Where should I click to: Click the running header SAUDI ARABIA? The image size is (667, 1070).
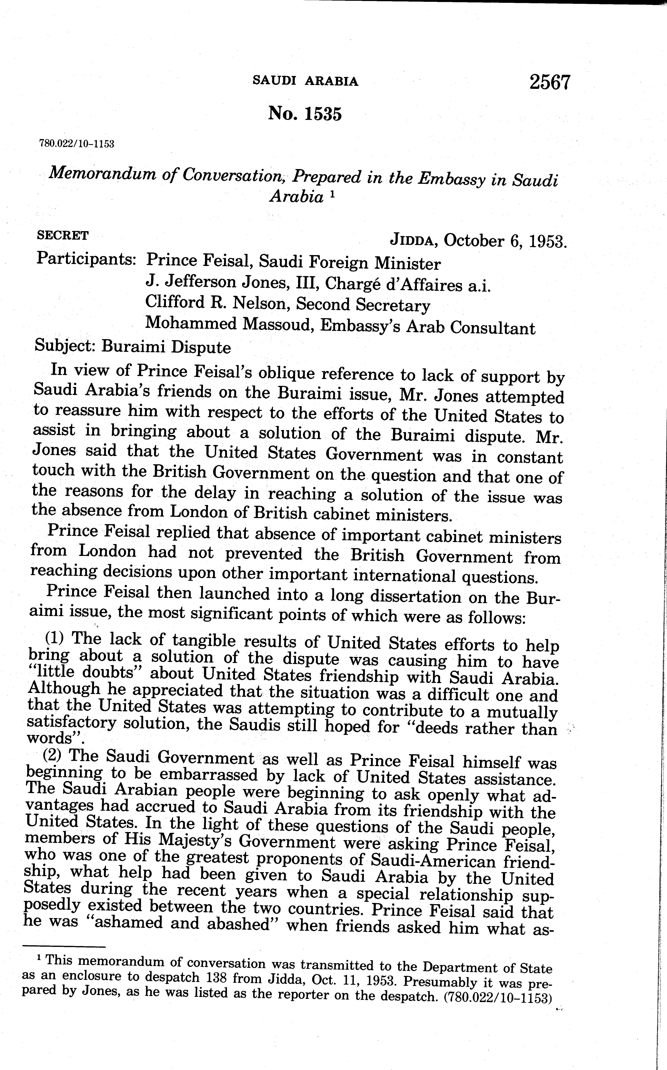point(305,81)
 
